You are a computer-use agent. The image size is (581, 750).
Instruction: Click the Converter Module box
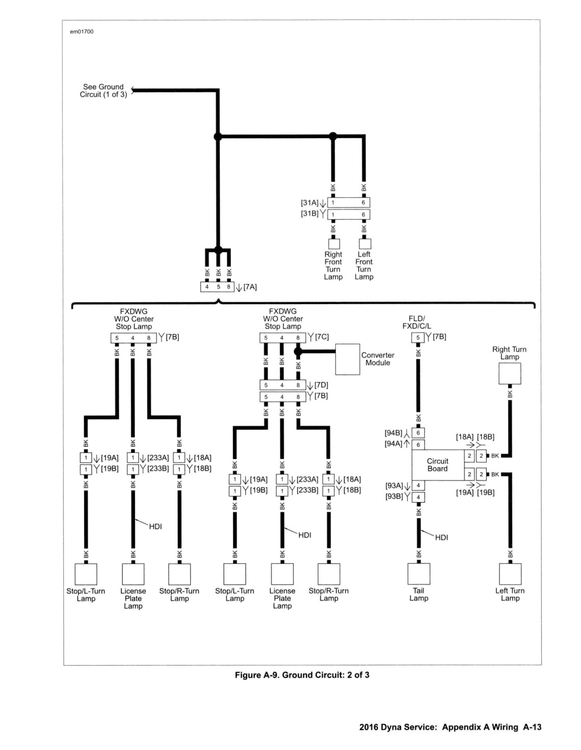point(347,359)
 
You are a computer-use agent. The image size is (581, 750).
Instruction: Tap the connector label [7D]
point(321,385)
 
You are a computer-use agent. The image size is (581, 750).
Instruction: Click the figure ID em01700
point(82,32)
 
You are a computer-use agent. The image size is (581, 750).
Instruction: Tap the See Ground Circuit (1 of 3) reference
point(103,90)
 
